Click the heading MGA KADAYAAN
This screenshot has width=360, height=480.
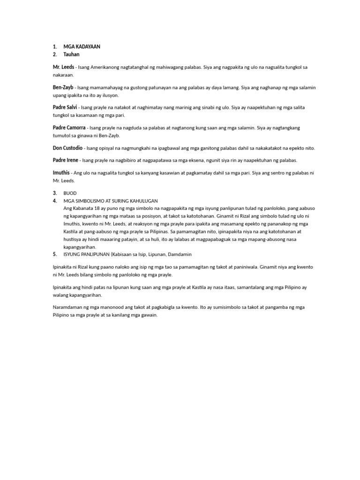[x=82, y=47]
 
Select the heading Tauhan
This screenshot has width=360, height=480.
[x=72, y=54]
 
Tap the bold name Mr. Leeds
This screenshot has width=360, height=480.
[x=63, y=67]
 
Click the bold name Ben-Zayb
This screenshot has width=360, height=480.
[x=63, y=87]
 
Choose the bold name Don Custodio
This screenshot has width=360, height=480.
[x=68, y=148]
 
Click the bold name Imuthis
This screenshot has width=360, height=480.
[x=62, y=173]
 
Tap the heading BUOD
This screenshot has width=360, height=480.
[x=70, y=193]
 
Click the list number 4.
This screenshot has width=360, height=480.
[x=55, y=201]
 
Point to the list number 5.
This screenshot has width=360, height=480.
[x=55, y=254]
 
